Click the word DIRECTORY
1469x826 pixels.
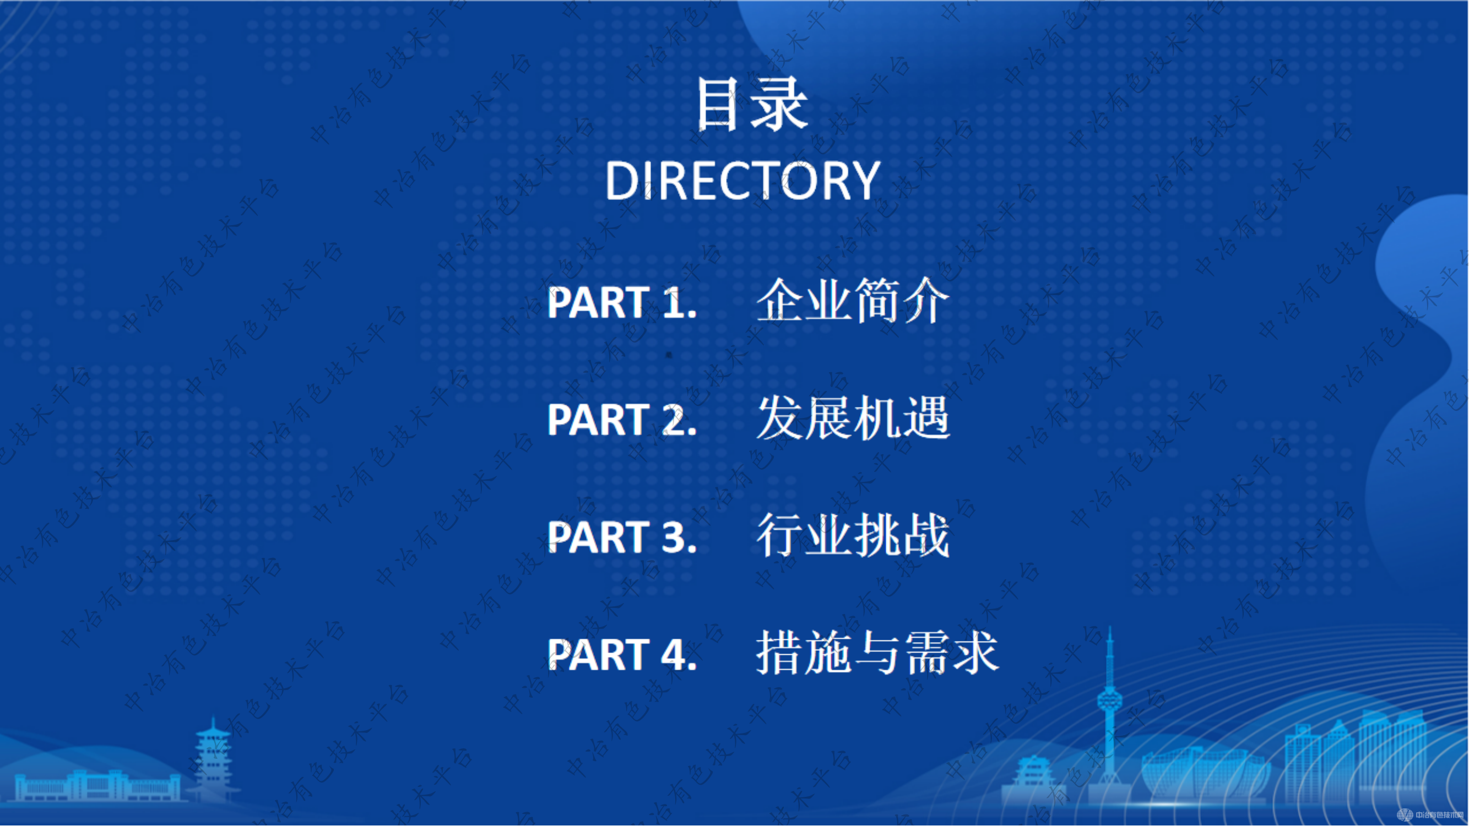click(x=742, y=181)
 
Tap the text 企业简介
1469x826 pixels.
click(x=852, y=301)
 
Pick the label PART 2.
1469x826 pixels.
click(x=622, y=420)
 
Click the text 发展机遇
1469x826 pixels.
click(x=852, y=419)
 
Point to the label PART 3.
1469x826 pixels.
click(x=622, y=537)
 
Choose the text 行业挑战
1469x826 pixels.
click(x=852, y=536)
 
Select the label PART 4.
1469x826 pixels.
click(x=622, y=654)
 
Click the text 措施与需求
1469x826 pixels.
click(x=877, y=653)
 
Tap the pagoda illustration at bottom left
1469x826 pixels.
click(x=213, y=761)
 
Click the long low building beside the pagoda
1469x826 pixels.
click(x=97, y=787)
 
